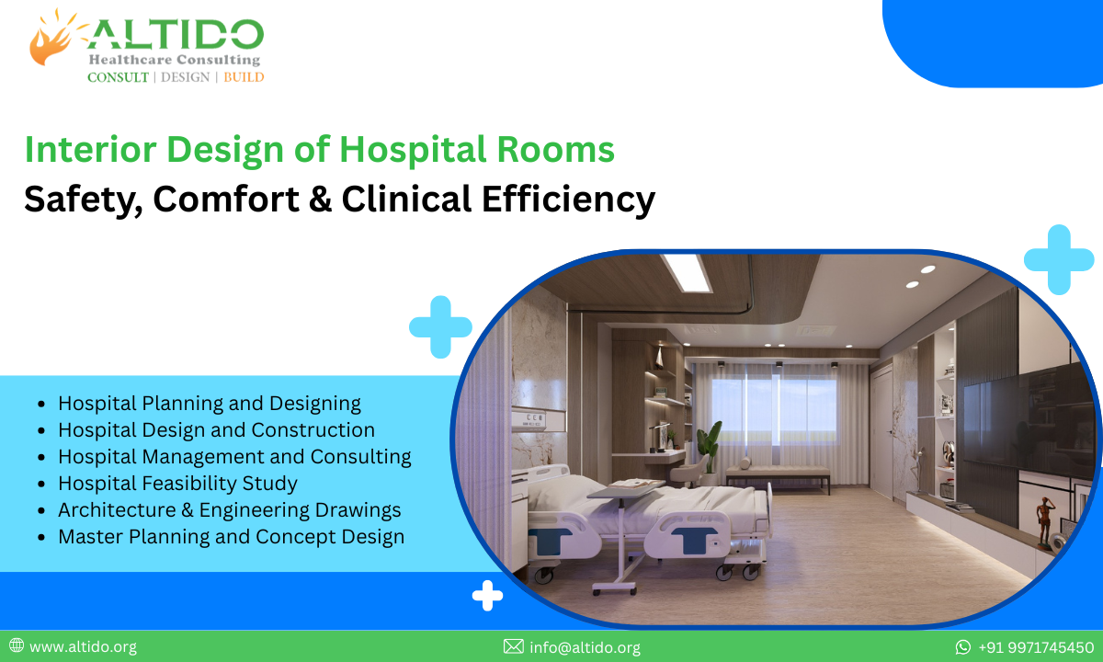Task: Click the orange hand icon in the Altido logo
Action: tap(51, 39)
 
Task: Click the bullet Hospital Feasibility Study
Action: tap(177, 483)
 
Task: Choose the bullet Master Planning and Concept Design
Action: tap(231, 536)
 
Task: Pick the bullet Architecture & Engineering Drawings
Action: tap(229, 509)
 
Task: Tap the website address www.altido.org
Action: tap(83, 647)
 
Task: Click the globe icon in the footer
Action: tap(16, 647)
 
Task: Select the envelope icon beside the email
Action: tap(513, 647)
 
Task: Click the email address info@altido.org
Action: tap(585, 647)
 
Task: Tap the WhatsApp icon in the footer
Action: tap(963, 647)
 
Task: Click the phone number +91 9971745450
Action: tap(1036, 647)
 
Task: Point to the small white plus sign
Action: tap(487, 597)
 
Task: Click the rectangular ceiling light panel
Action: tap(686, 272)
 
